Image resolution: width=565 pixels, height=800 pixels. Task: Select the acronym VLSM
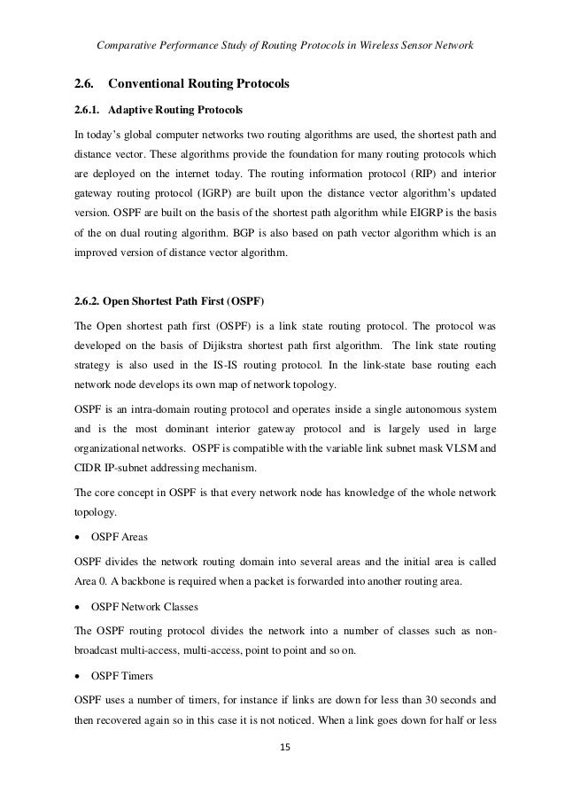pos(467,447)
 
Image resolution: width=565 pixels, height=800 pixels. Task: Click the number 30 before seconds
pos(412,701)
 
